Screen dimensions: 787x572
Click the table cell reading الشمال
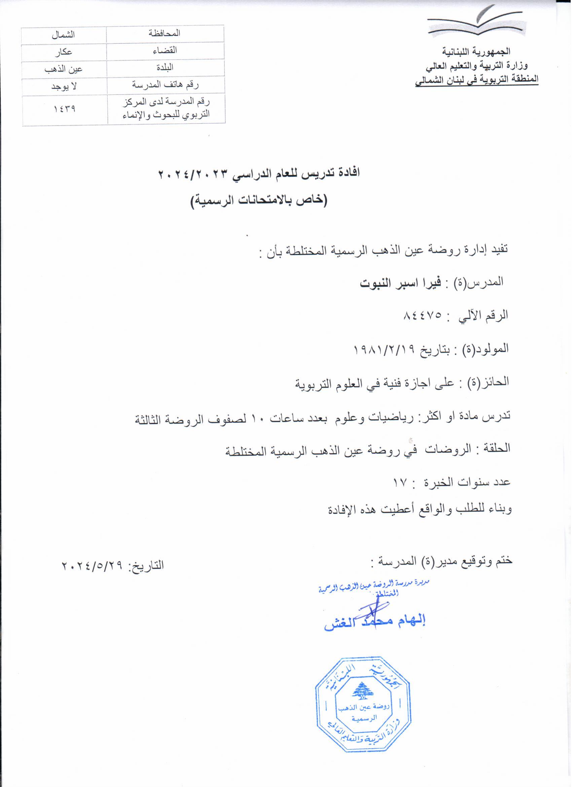[x=63, y=35]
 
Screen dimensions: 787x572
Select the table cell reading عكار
[x=63, y=52]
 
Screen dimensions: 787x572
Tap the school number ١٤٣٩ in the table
[x=65, y=109]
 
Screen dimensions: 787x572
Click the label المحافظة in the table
[x=165, y=33]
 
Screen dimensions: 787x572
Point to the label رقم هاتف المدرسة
[x=165, y=85]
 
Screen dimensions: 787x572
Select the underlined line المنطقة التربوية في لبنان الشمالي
[x=477, y=79]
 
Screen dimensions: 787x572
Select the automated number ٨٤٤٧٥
[x=422, y=315]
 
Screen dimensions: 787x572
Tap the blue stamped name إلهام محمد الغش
[x=374, y=621]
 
